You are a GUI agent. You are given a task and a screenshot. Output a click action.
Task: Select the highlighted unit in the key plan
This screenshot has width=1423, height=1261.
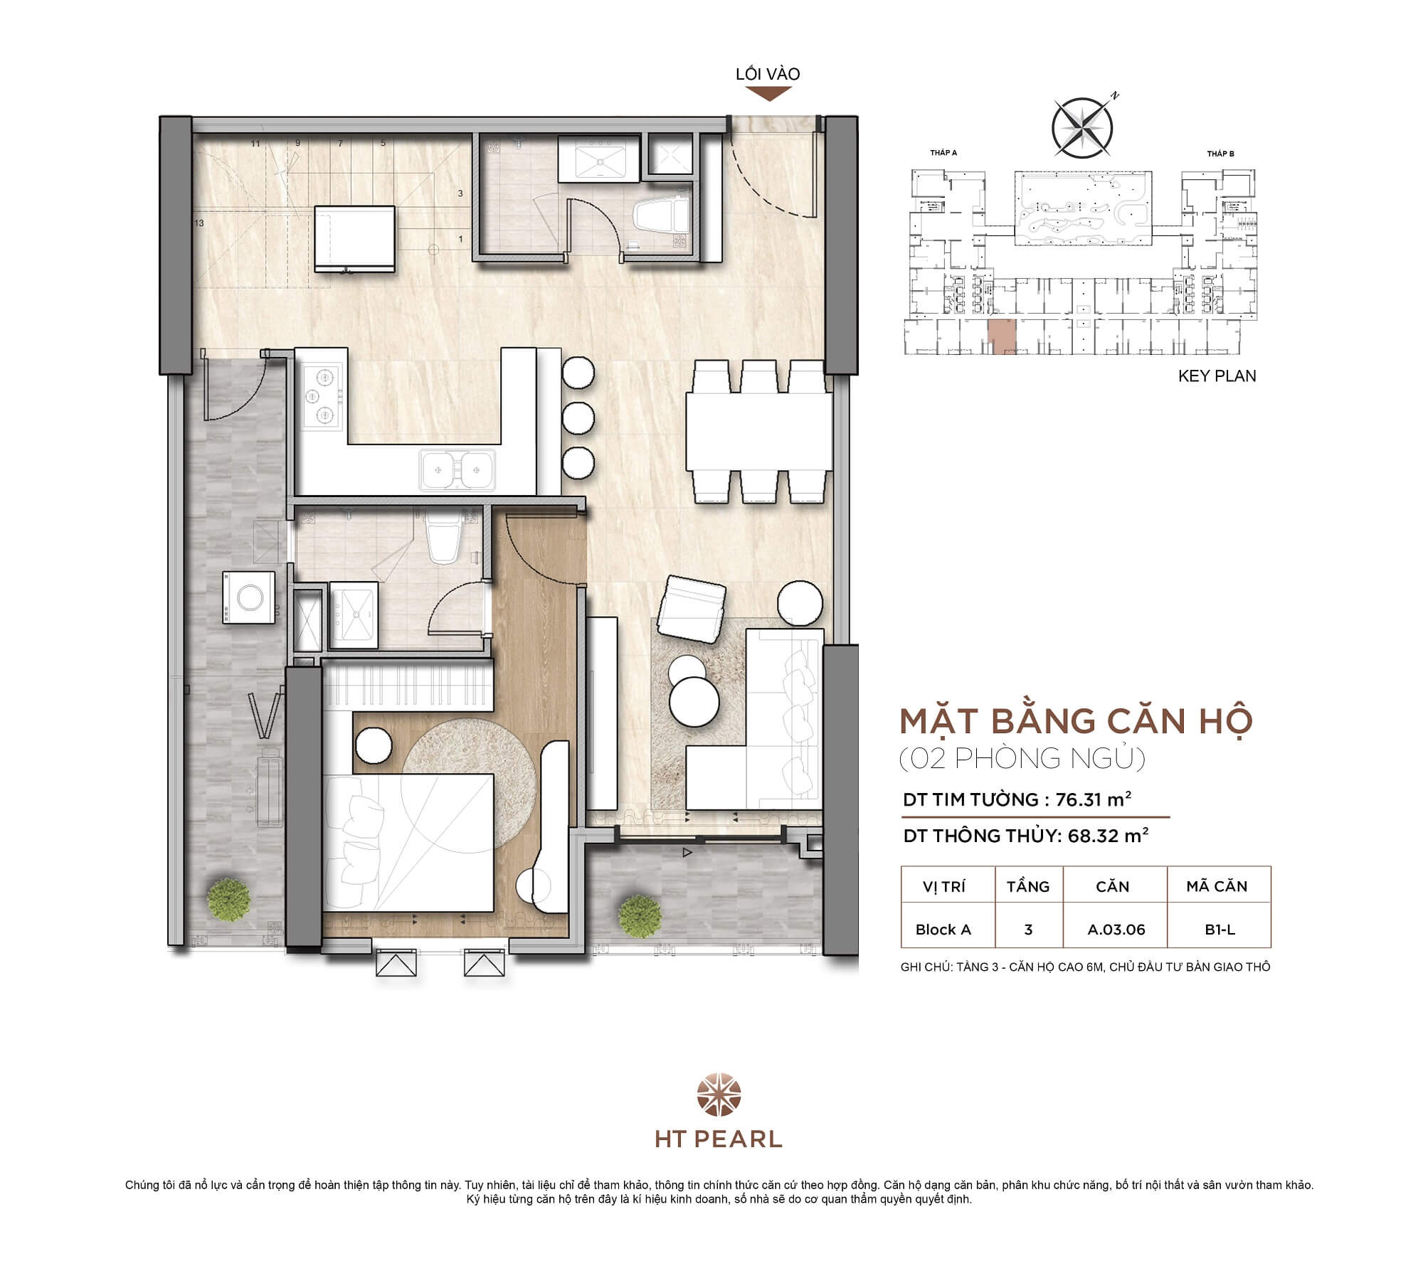point(1002,336)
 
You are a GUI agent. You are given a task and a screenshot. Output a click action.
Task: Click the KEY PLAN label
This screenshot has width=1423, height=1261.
point(1217,376)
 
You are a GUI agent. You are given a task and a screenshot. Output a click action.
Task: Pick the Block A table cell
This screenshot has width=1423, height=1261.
point(943,930)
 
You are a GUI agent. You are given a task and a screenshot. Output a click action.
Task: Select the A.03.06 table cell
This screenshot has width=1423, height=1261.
point(1116,930)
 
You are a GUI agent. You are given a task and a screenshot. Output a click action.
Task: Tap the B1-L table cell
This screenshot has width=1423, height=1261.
point(1220,930)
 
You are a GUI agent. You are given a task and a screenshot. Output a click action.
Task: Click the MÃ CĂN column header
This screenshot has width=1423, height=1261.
point(1217,886)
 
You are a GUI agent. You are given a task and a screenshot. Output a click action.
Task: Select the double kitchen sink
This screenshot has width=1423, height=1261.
point(457,469)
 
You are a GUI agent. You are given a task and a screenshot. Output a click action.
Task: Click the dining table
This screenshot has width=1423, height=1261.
point(758,432)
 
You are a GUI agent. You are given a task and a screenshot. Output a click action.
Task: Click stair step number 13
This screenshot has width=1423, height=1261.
point(199,223)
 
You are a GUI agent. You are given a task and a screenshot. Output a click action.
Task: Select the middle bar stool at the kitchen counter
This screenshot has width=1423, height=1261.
point(578,417)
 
